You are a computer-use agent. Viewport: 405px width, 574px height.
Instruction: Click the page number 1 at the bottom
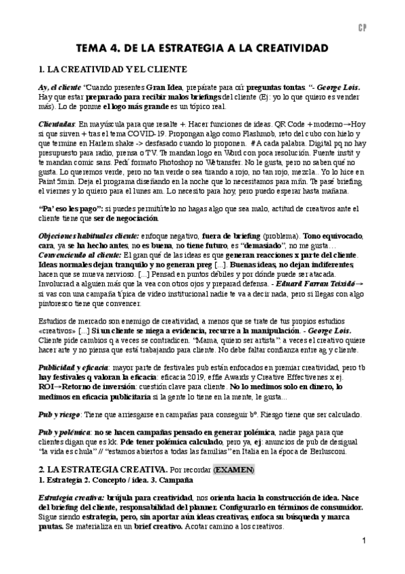coord(364,541)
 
